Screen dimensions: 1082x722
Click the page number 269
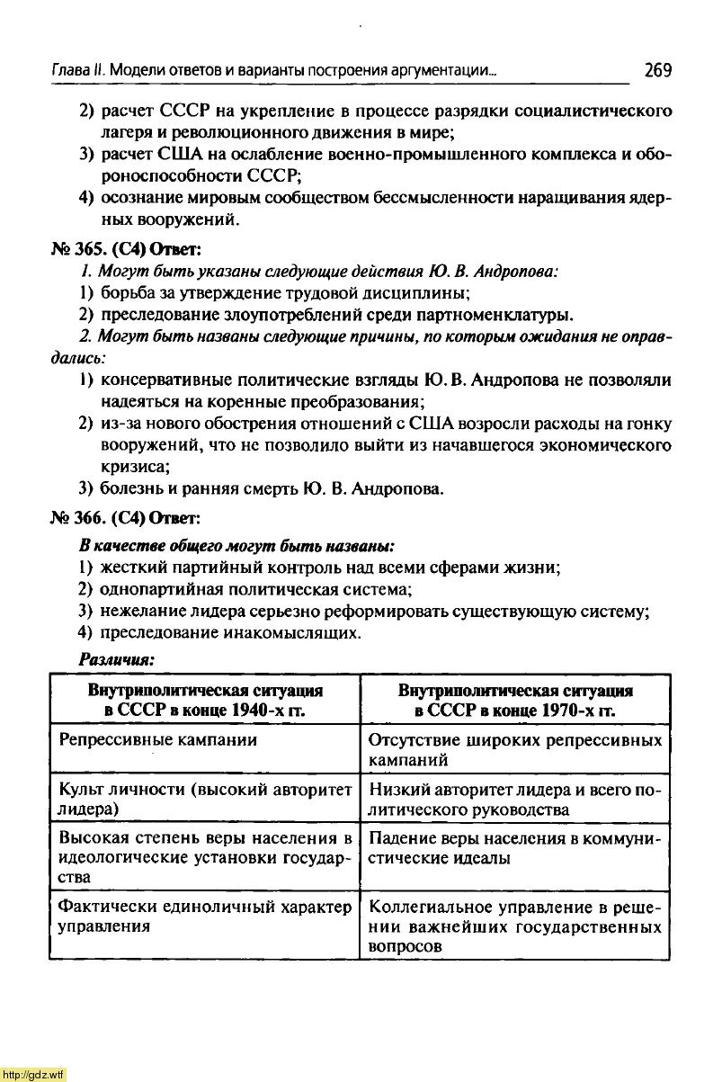[657, 70]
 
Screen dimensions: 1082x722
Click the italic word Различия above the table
[117, 659]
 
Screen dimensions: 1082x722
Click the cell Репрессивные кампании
[157, 740]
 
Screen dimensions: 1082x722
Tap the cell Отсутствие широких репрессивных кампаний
[515, 749]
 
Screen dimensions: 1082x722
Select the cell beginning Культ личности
[205, 799]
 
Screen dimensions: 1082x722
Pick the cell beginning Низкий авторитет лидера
[515, 799]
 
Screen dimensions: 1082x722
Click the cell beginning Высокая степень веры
[205, 856]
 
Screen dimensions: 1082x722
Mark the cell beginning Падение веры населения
[515, 847]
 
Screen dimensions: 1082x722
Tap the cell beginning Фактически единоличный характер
[205, 916]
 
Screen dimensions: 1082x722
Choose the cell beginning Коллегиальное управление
[515, 926]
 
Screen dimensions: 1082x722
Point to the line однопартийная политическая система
[255, 590]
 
